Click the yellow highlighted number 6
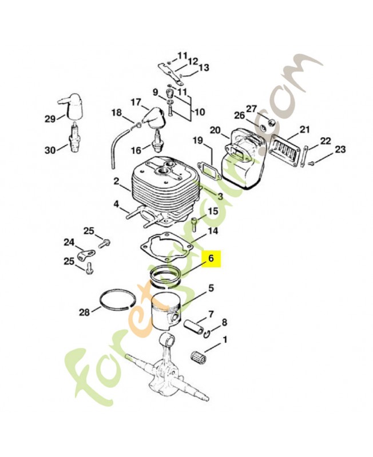click(211, 259)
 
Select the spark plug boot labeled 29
click(73, 106)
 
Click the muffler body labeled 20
click(246, 160)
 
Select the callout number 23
click(340, 150)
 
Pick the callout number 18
click(116, 113)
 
